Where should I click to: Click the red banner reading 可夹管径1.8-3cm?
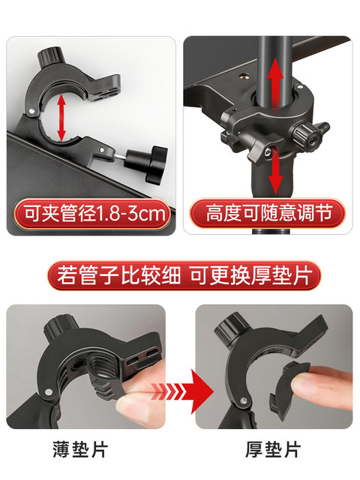(91, 214)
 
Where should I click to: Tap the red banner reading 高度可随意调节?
(267, 213)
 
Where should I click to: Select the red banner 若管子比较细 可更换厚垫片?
(184, 275)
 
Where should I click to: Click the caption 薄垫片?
(80, 450)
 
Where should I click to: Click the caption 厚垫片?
(273, 450)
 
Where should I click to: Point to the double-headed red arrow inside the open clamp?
(61, 117)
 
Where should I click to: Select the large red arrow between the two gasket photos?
(183, 391)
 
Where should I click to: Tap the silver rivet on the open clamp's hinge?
(31, 110)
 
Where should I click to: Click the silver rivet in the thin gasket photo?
(48, 391)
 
